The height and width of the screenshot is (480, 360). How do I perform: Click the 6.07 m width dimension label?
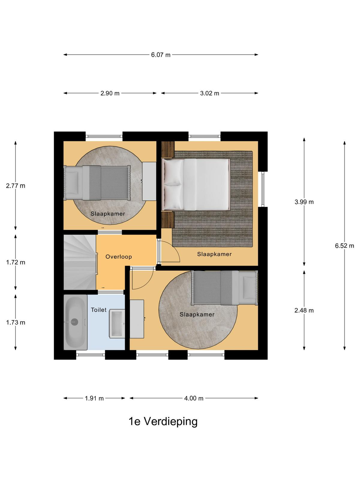point(161,55)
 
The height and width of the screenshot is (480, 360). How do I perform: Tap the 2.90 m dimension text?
point(110,93)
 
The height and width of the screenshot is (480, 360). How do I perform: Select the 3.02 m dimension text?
point(210,93)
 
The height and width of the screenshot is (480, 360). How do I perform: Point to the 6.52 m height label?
point(344,246)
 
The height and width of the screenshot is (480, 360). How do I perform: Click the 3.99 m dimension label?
point(304,202)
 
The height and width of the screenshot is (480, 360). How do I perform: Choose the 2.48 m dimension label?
point(304,310)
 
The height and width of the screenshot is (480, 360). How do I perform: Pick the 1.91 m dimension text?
point(94,398)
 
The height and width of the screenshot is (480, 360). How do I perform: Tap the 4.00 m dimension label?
point(194,398)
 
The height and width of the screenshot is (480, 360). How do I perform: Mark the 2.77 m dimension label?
point(16,186)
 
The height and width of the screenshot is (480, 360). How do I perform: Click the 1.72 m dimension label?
point(16,262)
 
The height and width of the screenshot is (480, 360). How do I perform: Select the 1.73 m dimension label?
point(16,322)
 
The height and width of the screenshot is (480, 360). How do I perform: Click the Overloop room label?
point(119,257)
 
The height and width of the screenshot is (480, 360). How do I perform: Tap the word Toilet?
point(99,310)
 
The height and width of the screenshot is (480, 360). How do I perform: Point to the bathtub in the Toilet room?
point(75,322)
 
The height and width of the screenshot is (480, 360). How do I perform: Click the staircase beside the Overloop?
point(80,262)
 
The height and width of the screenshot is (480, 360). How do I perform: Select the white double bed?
point(196,184)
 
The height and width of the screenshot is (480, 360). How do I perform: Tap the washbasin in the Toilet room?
point(117,324)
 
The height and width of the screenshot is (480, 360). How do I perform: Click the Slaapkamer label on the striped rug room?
point(214,254)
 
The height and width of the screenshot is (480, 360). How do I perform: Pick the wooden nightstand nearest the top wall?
point(168,149)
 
